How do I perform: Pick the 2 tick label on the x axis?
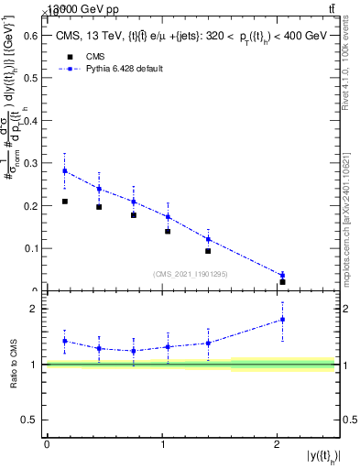pyautogui.click(x=277, y=444)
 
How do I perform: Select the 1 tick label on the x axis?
pyautogui.click(x=162, y=444)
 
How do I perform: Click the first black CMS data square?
pyautogui.click(x=65, y=202)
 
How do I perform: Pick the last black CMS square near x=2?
pyautogui.click(x=282, y=282)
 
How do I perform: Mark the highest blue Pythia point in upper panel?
pyautogui.click(x=65, y=171)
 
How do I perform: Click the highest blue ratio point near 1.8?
pyautogui.click(x=282, y=320)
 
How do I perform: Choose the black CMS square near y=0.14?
pyautogui.click(x=168, y=231)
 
